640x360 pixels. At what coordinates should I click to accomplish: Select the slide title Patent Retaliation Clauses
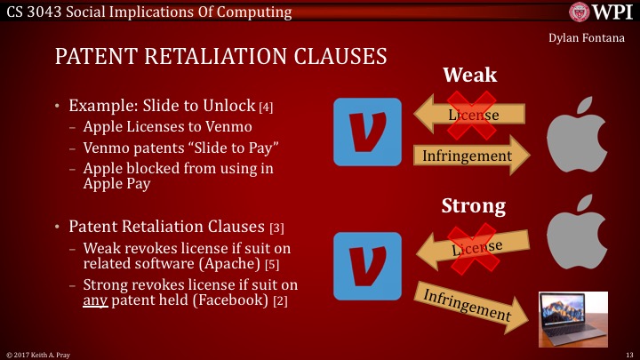(220, 57)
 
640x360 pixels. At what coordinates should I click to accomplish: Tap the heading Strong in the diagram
(474, 206)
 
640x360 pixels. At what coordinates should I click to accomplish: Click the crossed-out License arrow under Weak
(470, 116)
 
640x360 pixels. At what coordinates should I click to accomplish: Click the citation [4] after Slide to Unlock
(265, 108)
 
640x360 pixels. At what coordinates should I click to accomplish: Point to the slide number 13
(628, 353)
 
